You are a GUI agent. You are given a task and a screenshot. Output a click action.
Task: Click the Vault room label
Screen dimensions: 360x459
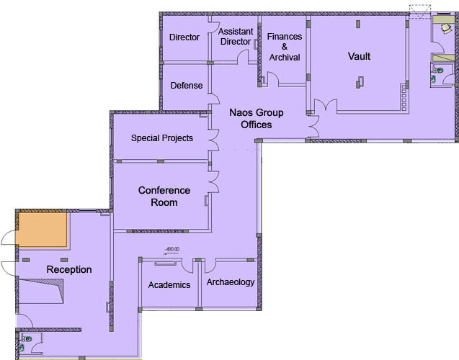click(359, 56)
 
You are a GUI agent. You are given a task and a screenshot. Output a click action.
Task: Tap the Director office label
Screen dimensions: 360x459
click(184, 37)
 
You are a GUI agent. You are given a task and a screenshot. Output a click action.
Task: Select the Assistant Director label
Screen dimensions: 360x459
click(234, 37)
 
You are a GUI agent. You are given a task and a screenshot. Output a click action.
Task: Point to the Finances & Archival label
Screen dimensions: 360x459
click(284, 47)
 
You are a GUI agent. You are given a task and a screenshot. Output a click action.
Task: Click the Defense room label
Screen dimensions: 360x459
click(186, 86)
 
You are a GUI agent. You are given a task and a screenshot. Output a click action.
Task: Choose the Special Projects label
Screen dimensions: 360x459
click(161, 138)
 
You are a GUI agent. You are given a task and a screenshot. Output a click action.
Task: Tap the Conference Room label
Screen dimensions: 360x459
click(164, 196)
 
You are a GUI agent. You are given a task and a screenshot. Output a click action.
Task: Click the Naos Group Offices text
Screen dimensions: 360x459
click(256, 119)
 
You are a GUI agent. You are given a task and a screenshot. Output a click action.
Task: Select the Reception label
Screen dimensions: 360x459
click(69, 270)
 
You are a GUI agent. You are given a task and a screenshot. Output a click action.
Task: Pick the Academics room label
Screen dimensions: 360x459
click(169, 284)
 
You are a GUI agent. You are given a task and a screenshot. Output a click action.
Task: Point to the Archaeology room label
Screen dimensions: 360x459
click(231, 282)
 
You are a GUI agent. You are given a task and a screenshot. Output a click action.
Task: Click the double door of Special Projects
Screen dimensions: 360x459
click(213, 138)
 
